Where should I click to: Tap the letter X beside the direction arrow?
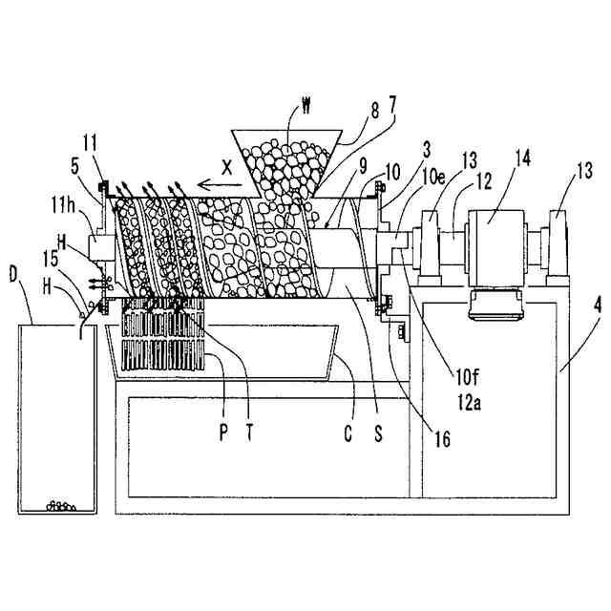tap(226, 166)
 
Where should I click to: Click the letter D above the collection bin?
tap(13, 275)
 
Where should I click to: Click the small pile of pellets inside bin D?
tap(60, 505)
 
